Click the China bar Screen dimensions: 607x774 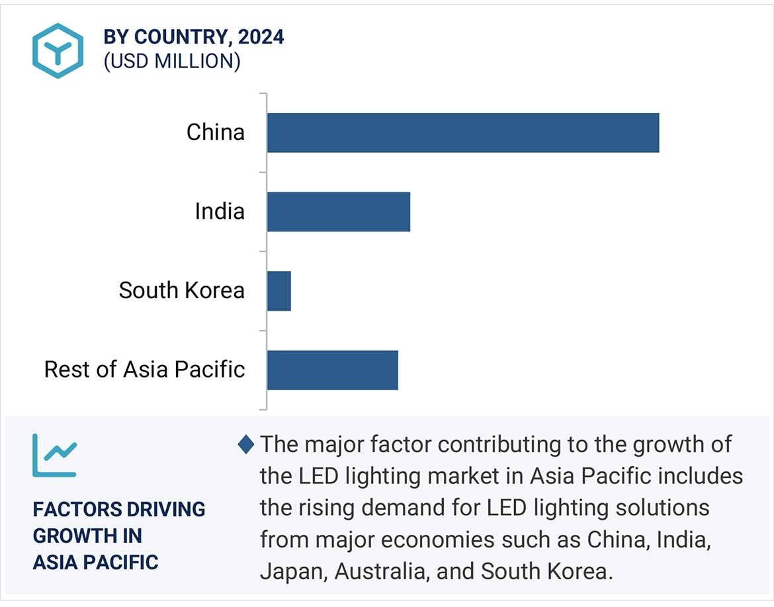point(463,132)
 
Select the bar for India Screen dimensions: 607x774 point(339,212)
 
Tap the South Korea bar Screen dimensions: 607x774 point(279,291)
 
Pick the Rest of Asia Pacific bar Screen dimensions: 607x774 point(333,370)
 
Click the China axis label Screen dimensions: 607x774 point(216,132)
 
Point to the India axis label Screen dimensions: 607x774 point(220,212)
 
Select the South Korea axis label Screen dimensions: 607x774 point(182,290)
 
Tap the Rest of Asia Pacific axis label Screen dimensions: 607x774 point(145,369)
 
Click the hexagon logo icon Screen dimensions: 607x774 point(58,51)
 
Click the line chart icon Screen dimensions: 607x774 point(55,456)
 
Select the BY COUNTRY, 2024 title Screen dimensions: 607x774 point(194,37)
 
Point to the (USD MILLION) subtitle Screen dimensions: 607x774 point(171,61)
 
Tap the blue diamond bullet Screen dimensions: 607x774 point(246,445)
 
